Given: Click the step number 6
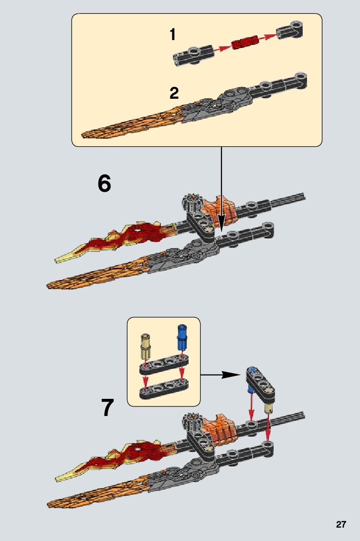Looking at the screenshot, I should (x=104, y=184).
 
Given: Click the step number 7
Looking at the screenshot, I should (x=108, y=407).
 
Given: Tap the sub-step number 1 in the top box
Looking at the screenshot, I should (x=173, y=34).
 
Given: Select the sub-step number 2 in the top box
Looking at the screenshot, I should (x=174, y=93).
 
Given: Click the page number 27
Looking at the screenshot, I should (x=340, y=524).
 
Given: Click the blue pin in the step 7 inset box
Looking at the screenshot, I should (x=181, y=338).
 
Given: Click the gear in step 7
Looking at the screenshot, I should (x=191, y=422).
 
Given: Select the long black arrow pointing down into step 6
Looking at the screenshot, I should (x=221, y=186).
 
